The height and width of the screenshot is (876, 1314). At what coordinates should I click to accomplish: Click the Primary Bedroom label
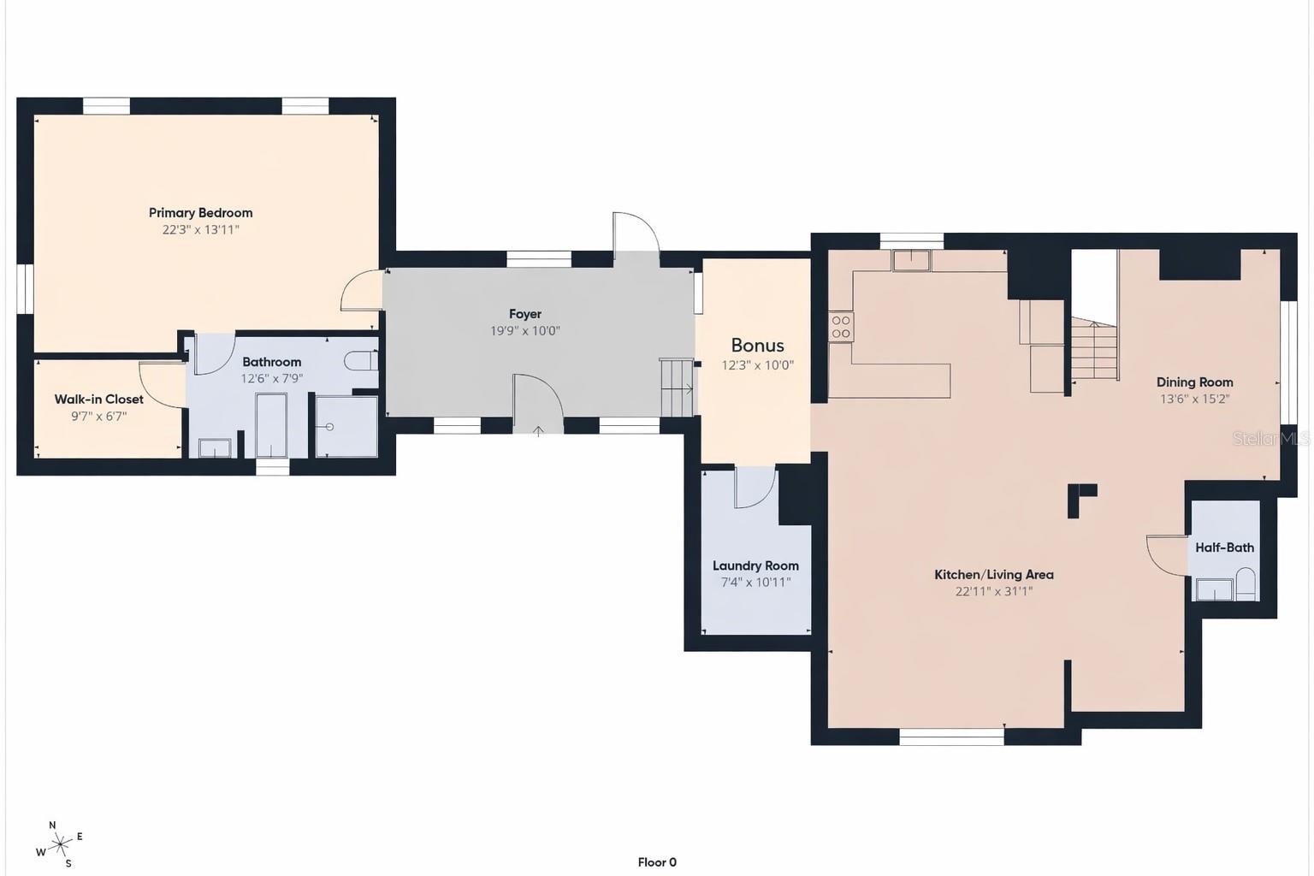pos(201,212)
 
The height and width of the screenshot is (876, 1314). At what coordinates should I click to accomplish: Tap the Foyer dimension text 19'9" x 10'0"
pos(525,331)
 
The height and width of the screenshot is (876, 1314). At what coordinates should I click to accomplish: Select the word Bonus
pos(757,345)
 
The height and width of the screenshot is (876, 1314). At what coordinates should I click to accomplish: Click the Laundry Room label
pos(755,565)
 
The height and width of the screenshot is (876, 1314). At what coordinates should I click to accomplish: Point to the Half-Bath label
pos(1225,547)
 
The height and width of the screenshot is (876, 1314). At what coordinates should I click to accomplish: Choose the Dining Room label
pos(1194,382)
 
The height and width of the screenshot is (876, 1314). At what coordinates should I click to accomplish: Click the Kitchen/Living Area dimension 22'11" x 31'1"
pos(994,591)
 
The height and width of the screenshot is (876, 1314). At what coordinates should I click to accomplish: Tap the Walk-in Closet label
pos(99,400)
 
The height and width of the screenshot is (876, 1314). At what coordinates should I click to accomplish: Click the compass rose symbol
pos(60,845)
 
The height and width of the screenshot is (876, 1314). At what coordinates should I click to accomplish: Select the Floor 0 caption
pos(657,862)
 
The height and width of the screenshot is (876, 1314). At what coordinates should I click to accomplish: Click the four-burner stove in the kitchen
pos(841,327)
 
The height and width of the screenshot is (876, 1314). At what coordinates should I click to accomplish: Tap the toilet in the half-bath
pos(1246,583)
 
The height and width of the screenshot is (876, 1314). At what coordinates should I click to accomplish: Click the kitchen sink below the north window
pos(911,261)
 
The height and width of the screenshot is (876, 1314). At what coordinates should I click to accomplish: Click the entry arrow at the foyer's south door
pos(538,431)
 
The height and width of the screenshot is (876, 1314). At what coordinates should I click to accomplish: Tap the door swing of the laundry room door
pos(755,487)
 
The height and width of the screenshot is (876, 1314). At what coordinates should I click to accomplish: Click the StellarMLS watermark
pos(1270,438)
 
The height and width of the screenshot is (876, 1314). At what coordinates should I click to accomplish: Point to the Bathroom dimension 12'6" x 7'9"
pos(271,378)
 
